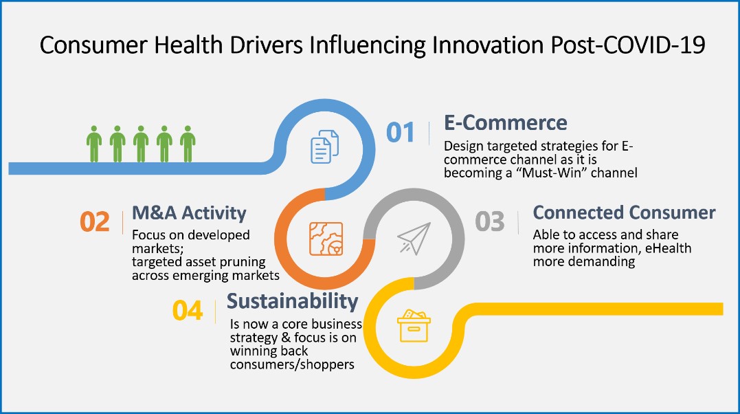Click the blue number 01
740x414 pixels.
[x=400, y=132]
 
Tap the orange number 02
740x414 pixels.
[x=94, y=221]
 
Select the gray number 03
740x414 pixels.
[x=489, y=221]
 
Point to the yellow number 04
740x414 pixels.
[x=188, y=311]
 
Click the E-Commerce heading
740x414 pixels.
[x=506, y=123]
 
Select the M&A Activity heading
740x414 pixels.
[x=189, y=213]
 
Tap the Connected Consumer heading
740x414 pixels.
[x=624, y=213]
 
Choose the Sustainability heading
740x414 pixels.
[x=292, y=301]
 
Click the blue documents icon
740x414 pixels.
[x=325, y=147]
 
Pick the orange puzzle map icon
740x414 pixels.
[x=326, y=239]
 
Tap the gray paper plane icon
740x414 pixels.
[x=414, y=238]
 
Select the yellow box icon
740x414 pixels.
[x=414, y=325]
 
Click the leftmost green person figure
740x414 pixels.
[x=94, y=144]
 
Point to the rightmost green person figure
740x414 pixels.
[x=188, y=144]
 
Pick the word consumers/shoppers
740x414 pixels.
[x=292, y=365]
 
